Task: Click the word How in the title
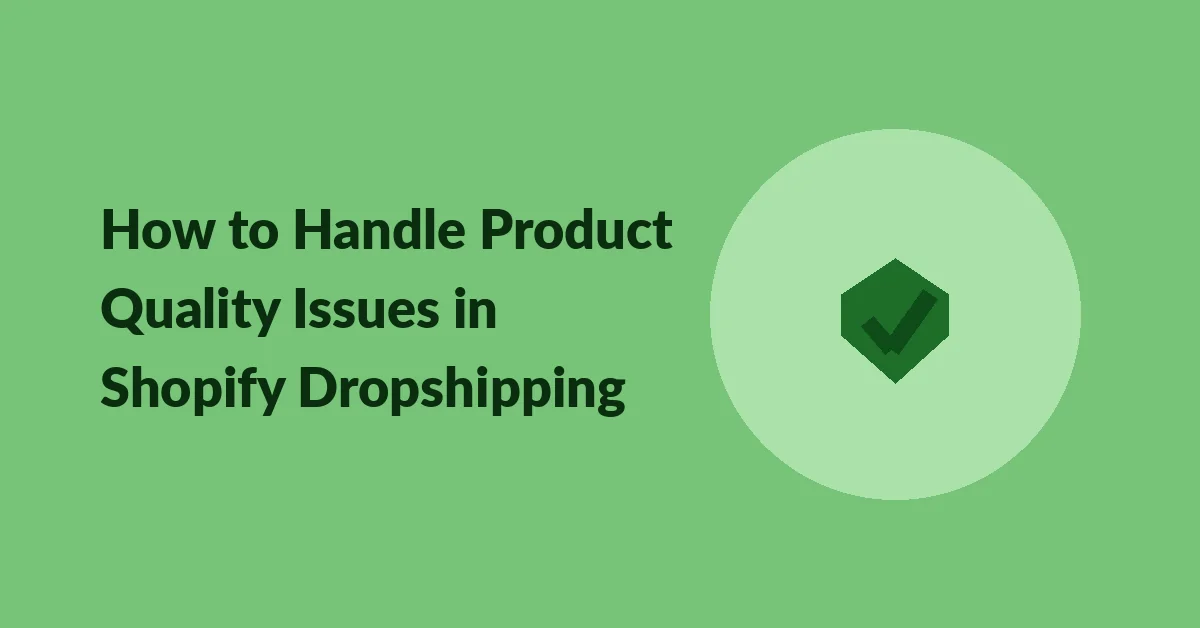pyautogui.click(x=158, y=229)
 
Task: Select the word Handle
pyautogui.click(x=379, y=229)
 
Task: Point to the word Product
pyautogui.click(x=576, y=229)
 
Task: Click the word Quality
pyautogui.click(x=190, y=311)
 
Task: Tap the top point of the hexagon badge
pyautogui.click(x=895, y=259)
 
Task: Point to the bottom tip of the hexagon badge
pyautogui.click(x=895, y=383)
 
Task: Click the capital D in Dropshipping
pyautogui.click(x=319, y=388)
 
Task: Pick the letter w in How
pyautogui.click(x=192, y=236)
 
